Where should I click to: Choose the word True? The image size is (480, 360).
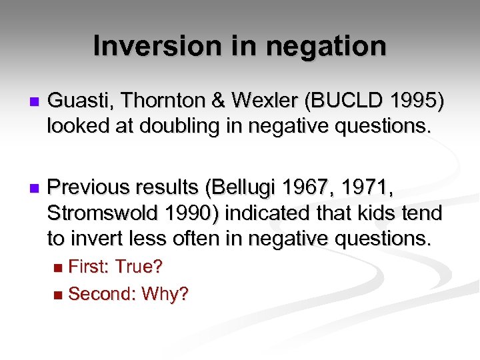139,267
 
